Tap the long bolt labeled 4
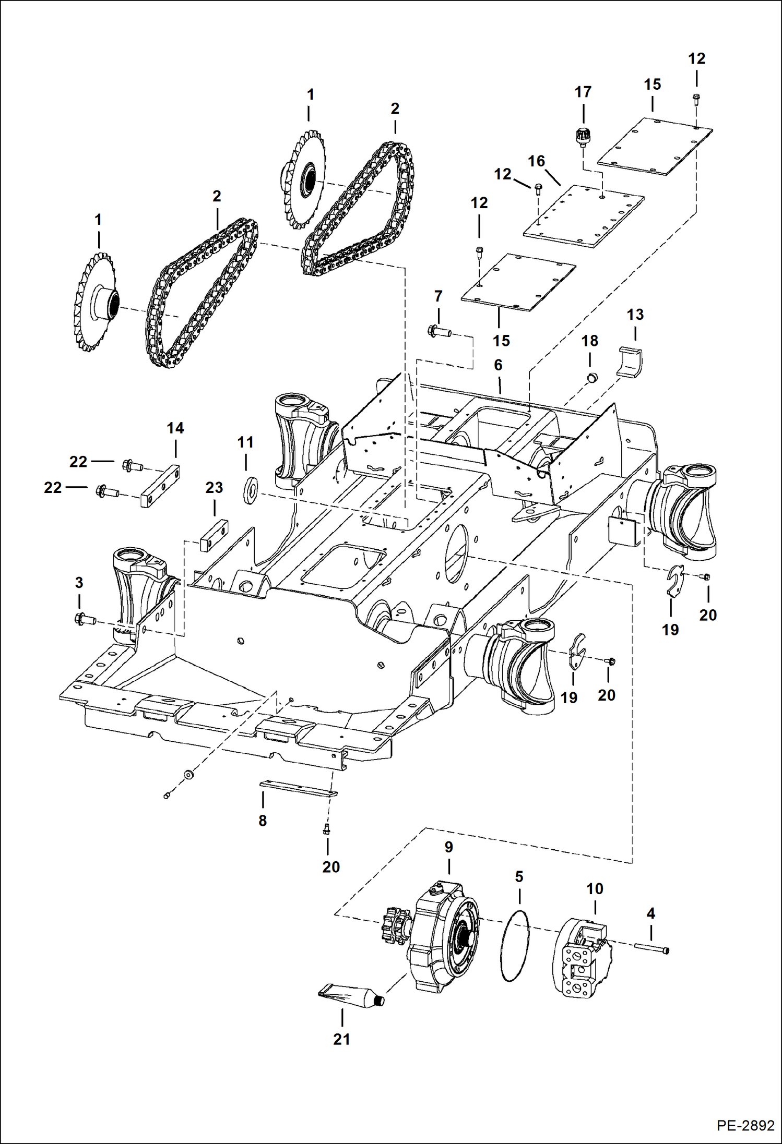click(x=652, y=947)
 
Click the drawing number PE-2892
click(x=745, y=1125)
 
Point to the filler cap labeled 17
click(x=582, y=138)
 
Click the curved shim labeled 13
click(x=631, y=361)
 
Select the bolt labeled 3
click(x=86, y=620)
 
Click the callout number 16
click(x=536, y=161)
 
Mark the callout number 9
click(x=448, y=847)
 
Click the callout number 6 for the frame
click(x=498, y=365)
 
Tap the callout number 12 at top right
click(x=696, y=58)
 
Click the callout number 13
click(x=635, y=315)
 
